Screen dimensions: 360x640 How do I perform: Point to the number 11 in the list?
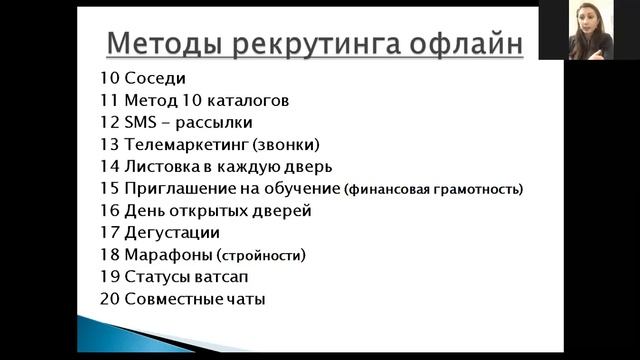click(109, 100)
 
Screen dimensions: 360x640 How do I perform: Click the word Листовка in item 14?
click(162, 166)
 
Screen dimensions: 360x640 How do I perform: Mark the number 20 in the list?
click(109, 298)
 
